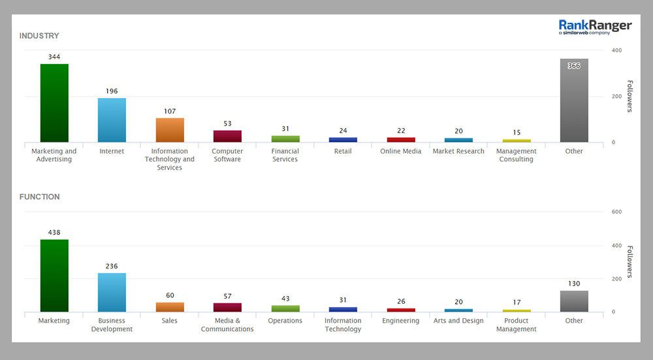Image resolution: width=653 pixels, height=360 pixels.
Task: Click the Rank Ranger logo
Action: point(595,27)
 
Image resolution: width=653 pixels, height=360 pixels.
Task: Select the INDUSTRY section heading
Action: point(39,36)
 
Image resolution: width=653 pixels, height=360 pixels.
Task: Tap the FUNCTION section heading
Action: point(39,197)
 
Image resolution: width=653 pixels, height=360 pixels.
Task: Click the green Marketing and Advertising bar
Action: point(54,103)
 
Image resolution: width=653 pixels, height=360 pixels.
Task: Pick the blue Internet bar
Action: point(112,120)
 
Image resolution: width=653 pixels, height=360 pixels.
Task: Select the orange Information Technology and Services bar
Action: point(170,130)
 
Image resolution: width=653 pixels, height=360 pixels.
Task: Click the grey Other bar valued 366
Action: point(574,101)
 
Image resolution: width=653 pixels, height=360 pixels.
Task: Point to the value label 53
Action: point(227,123)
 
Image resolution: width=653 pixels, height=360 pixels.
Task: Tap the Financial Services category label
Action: point(285,155)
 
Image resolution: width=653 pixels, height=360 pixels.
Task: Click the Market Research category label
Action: point(458,152)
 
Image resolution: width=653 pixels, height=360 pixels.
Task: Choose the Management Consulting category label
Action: point(517,155)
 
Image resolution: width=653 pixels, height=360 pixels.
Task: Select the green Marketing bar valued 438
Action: point(54,275)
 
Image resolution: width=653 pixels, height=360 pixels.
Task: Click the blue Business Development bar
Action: point(112,292)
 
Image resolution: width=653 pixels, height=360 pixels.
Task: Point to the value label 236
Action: point(112,266)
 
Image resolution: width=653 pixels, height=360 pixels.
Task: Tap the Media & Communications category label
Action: point(227,325)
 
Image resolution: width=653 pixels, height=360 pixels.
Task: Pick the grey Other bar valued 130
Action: point(574,301)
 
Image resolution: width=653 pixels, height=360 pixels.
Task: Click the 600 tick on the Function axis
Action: point(616,212)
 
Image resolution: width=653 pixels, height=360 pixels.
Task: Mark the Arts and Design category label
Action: point(458,321)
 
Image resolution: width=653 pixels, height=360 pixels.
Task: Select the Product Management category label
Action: point(517,325)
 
